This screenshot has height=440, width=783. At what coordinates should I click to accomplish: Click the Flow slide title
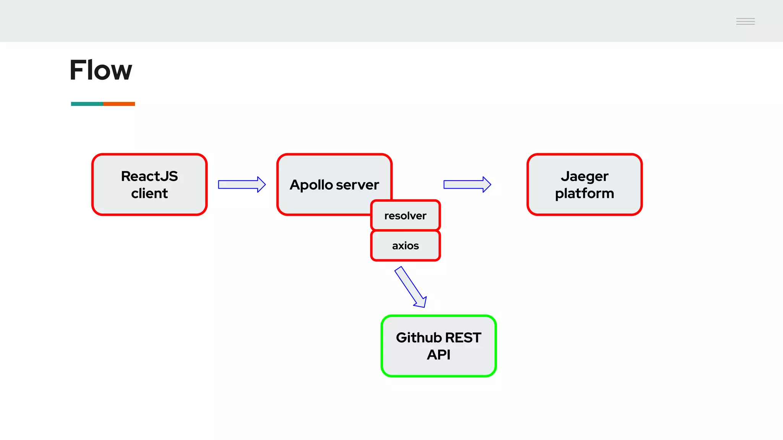click(x=101, y=70)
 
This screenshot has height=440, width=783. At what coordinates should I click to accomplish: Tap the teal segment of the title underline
click(x=87, y=104)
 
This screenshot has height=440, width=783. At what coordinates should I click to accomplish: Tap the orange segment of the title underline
click(x=119, y=104)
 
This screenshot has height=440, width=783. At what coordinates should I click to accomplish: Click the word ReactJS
click(x=149, y=176)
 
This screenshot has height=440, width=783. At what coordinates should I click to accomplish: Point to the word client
click(x=149, y=194)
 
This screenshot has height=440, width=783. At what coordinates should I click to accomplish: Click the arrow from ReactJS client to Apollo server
click(x=242, y=185)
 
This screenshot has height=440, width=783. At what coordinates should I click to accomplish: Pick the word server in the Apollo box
click(x=357, y=185)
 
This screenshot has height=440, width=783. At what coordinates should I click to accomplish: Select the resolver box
click(x=405, y=215)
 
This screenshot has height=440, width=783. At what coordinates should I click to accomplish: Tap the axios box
click(x=405, y=246)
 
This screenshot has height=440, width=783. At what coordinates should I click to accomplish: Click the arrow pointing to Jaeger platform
click(x=467, y=185)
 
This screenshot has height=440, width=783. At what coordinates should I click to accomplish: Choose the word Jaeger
click(x=584, y=176)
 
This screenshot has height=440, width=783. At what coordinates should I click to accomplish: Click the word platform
click(x=584, y=194)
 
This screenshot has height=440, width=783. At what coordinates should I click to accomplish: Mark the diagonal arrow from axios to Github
click(x=411, y=286)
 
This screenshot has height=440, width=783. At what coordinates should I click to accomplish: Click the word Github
click(x=419, y=338)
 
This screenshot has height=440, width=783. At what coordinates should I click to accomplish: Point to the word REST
click(x=463, y=338)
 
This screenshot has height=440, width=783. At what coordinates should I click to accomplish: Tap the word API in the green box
click(x=439, y=355)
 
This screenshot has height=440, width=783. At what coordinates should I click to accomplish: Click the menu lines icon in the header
click(x=745, y=21)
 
